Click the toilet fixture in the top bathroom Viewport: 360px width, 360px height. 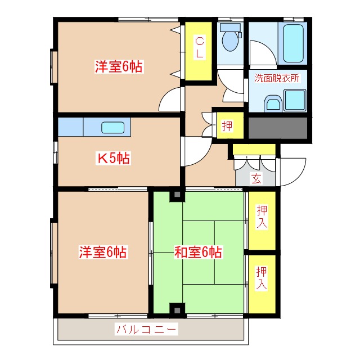(x=229, y=38)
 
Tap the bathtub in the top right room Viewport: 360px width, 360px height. (x=292, y=43)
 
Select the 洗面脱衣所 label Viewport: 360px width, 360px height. (x=277, y=78)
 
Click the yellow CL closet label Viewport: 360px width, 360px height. (x=200, y=47)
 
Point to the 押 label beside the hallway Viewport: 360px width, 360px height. (x=227, y=126)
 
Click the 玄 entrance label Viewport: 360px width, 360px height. (x=256, y=179)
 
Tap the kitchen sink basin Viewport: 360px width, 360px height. (x=112, y=127)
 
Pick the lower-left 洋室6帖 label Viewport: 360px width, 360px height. (x=102, y=252)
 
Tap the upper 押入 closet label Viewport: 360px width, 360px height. (x=262, y=217)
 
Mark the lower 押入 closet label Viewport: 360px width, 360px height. (x=262, y=278)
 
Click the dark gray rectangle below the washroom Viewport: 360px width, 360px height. (x=278, y=129)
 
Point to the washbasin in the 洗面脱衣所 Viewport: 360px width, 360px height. (x=273, y=103)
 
